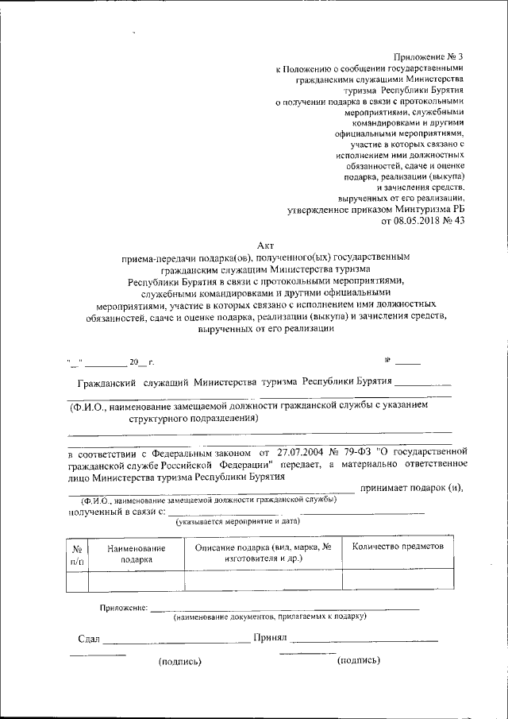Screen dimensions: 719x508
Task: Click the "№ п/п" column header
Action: pyautogui.click(x=77, y=555)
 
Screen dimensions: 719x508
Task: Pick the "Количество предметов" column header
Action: pyautogui.click(x=398, y=547)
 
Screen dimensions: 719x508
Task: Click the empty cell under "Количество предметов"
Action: pyautogui.click(x=398, y=582)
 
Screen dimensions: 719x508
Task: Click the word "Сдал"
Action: pyautogui.click(x=89, y=638)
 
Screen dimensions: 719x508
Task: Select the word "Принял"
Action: pyautogui.click(x=270, y=637)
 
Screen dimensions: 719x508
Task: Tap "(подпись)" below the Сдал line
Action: pyautogui.click(x=180, y=660)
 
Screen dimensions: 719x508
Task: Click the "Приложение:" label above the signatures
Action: pyautogui.click(x=123, y=608)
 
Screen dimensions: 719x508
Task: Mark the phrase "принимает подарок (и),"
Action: pyautogui.click(x=410, y=489)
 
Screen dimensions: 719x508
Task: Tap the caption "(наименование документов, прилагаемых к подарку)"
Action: pyautogui.click(x=270, y=617)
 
